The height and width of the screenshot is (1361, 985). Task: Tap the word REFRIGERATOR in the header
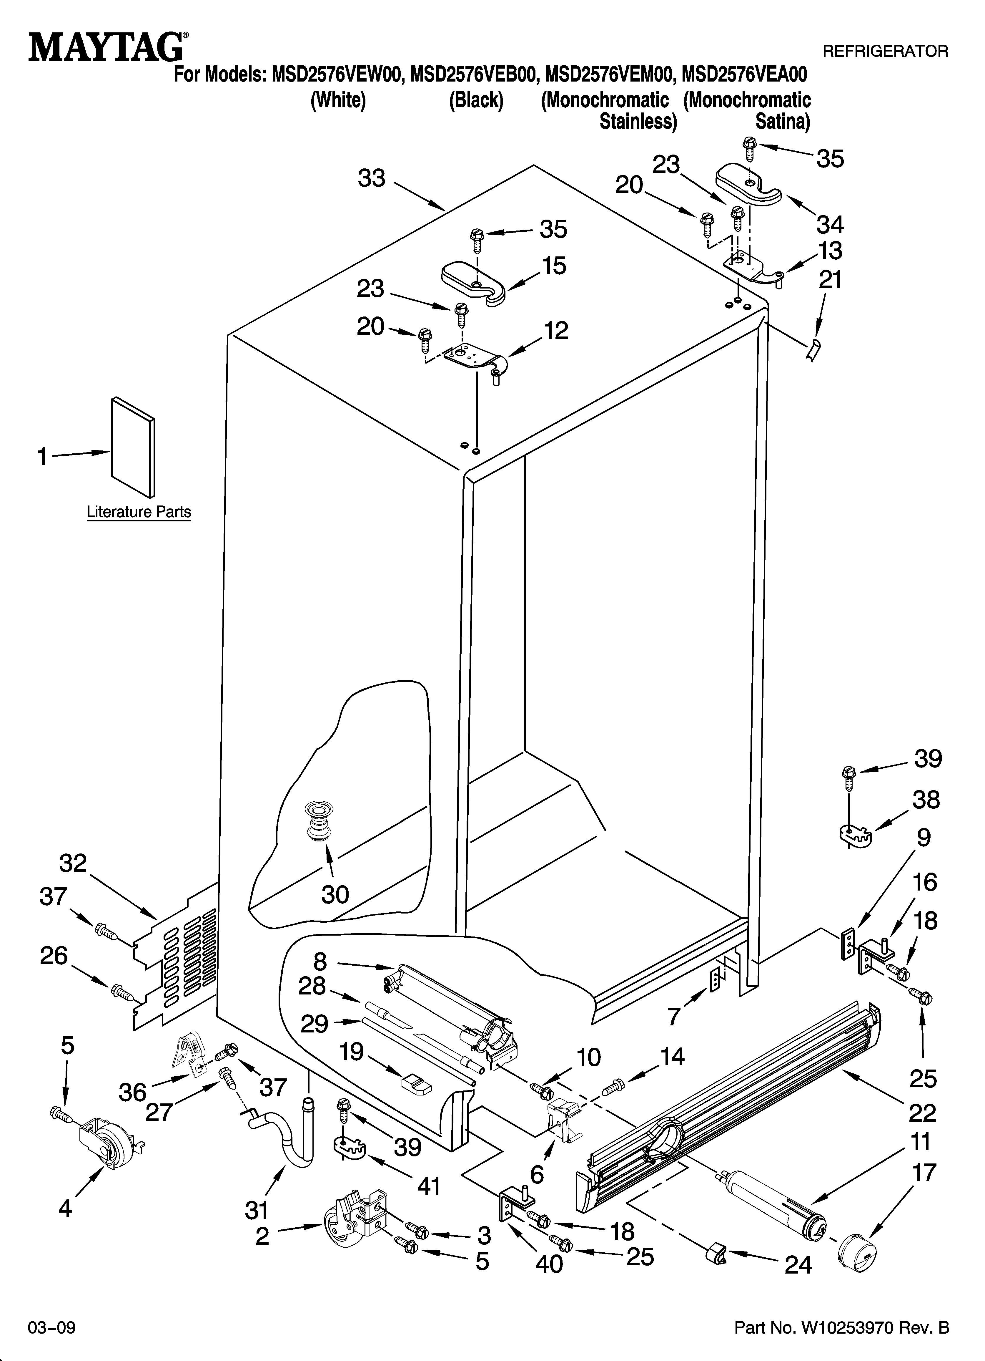[885, 52]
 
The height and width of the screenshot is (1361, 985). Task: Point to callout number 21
[830, 280]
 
